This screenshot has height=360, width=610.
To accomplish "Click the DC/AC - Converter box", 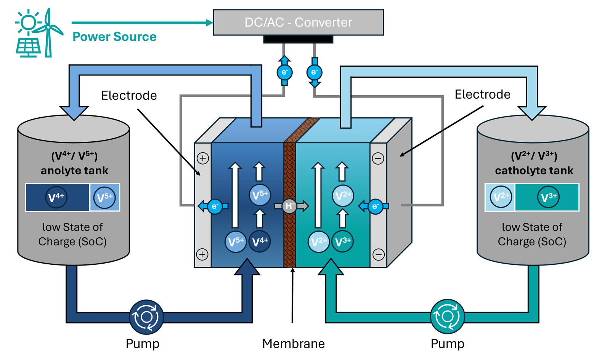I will point(298,22).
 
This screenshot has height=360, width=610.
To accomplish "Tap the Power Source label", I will point(114,37).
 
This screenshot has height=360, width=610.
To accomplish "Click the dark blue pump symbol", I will point(146,317).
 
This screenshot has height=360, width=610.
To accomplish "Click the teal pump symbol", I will point(447,317).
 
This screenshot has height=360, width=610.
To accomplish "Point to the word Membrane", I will point(293,344).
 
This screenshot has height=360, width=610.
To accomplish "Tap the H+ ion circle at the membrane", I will point(290,206).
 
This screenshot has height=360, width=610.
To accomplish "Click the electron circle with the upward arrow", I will point(284,72).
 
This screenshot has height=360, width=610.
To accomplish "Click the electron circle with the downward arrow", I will point(314,72).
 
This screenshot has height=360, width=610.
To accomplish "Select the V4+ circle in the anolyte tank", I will point(56,197).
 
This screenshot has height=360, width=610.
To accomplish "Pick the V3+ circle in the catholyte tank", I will point(549,197).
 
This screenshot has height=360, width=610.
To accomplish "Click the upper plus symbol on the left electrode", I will point(203,158).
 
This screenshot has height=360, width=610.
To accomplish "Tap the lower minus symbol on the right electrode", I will point(378,254).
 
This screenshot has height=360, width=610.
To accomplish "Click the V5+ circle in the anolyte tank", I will point(104,197).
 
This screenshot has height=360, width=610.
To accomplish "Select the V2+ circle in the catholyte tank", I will point(501,197).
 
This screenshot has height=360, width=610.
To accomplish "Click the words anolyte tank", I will point(74,170).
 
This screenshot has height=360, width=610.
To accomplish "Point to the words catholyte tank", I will point(534,170).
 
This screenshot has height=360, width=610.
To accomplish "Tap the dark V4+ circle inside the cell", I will point(260,241).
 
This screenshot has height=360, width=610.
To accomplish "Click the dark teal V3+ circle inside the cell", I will point(343,241).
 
